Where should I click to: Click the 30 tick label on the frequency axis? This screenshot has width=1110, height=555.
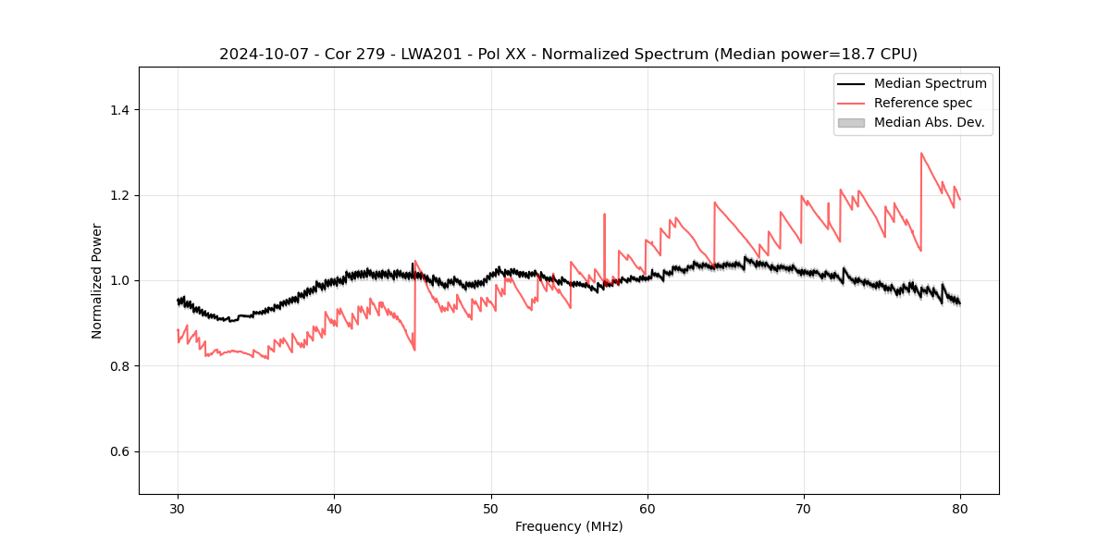coord(178,508)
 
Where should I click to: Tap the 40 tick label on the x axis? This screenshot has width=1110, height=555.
coord(334,508)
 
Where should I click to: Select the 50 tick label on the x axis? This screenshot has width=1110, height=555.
coord(491,508)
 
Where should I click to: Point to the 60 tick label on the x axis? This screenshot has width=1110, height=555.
coord(647,508)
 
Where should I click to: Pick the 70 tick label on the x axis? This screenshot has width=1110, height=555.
coord(804,508)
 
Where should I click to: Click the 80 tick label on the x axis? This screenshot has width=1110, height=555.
coord(960,508)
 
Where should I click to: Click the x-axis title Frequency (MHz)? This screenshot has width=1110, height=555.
coord(569,526)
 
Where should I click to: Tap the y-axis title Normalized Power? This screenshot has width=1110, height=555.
coord(97,280)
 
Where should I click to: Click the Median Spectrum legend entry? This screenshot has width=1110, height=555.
coord(930,83)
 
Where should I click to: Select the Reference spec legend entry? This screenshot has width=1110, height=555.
coord(923,103)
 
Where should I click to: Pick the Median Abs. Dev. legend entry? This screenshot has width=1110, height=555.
coord(929,122)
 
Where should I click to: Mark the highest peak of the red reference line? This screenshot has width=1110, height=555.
coord(921,154)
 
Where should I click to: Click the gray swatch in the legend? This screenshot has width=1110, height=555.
coord(851,122)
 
